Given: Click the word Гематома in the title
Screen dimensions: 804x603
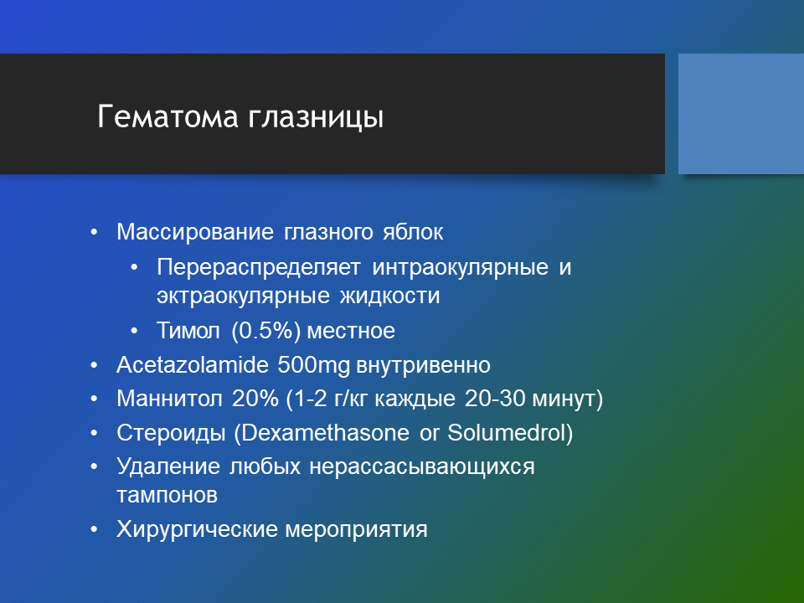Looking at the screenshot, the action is pos(167,116).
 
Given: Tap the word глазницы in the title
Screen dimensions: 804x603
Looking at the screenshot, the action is pos(316,118).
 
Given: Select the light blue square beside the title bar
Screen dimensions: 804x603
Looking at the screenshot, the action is pos(741,114).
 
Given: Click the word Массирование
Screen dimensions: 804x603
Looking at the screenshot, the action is pos(195,232).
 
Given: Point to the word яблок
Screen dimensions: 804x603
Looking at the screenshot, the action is pos(413,232).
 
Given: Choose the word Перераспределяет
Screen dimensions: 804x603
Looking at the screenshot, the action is pos(259,268).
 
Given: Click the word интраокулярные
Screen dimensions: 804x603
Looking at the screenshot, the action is pos(460,268).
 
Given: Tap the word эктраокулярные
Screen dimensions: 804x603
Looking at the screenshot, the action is pos(243,296).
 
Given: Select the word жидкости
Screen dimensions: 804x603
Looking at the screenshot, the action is pos(389,296).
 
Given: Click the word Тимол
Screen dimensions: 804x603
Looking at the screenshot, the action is pos(188,330).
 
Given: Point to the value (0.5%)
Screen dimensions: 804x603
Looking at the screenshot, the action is pos(266,331).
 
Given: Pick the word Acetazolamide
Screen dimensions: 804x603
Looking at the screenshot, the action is pos(193,365).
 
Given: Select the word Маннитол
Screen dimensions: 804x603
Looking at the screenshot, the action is pos(169,399).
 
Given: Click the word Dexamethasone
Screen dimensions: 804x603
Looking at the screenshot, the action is pos(325,433).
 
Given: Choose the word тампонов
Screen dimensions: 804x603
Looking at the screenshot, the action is pos(167,496).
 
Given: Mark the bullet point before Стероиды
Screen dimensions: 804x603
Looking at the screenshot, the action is pos(94,433).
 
